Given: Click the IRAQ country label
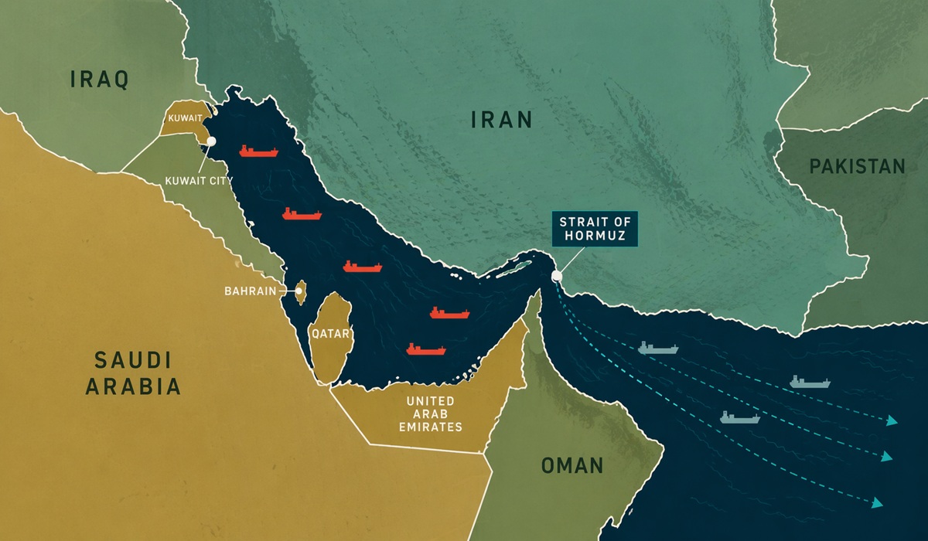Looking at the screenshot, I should click(x=98, y=80).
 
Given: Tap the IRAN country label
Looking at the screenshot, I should click(x=503, y=119).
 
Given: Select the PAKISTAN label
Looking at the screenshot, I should click(x=857, y=166).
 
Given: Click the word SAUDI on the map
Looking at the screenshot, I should click(x=132, y=360).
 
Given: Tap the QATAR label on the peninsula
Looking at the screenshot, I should click(x=331, y=335).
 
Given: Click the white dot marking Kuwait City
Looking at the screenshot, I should click(x=210, y=141).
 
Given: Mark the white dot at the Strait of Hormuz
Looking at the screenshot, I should click(x=556, y=276).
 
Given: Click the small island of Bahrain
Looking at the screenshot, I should click(x=301, y=291).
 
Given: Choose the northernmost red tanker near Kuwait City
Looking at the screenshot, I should click(x=258, y=151).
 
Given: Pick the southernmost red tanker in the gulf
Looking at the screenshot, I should click(x=426, y=349).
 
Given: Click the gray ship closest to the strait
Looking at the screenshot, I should click(x=658, y=348).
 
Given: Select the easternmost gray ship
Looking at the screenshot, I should click(x=810, y=382).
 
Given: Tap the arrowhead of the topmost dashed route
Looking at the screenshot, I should click(x=892, y=421).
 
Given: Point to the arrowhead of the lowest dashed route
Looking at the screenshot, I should click(x=876, y=503).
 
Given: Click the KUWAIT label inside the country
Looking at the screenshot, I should click(x=185, y=118).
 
